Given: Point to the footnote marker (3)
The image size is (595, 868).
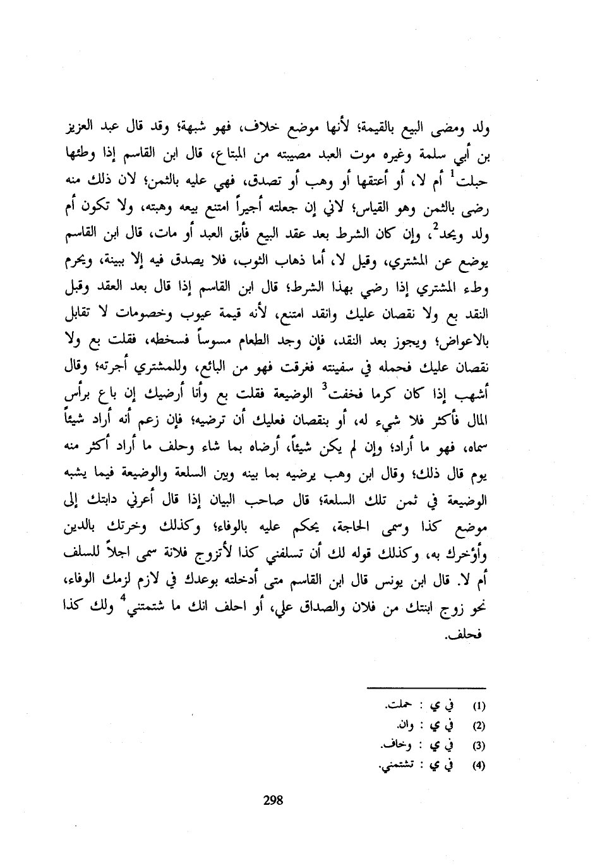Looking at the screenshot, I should coord(478,745).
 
